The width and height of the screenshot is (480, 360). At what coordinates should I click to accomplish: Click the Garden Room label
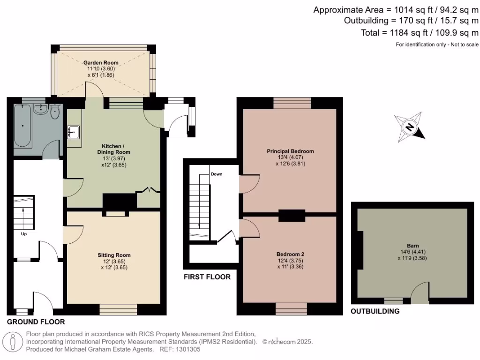tap(101, 62)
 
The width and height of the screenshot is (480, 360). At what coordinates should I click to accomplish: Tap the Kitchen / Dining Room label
tap(113, 149)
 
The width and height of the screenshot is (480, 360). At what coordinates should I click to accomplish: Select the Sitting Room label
tap(114, 255)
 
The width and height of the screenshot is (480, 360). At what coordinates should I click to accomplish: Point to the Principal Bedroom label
tap(290, 151)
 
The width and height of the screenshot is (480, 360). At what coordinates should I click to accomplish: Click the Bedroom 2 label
tap(290, 254)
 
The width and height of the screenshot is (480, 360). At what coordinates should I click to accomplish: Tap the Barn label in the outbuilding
tap(413, 245)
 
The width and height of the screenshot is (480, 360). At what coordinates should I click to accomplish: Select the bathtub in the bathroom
tap(22, 127)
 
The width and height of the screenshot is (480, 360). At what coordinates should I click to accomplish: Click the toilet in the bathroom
tap(55, 112)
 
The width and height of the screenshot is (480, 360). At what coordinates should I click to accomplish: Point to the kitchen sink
tap(74, 132)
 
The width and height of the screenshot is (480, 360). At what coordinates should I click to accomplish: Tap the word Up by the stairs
tap(23, 233)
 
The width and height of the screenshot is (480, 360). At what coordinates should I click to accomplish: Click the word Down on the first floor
tap(217, 174)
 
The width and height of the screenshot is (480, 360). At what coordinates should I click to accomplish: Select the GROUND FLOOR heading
tap(36, 322)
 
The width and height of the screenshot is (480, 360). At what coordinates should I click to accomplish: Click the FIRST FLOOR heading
tap(207, 277)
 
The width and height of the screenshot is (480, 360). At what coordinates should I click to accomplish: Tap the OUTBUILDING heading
tap(375, 311)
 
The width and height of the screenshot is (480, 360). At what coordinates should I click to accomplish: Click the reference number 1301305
tap(187, 349)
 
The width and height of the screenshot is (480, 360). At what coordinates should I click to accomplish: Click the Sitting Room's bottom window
tap(118, 309)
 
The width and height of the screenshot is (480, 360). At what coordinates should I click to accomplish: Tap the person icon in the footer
tap(13, 341)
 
